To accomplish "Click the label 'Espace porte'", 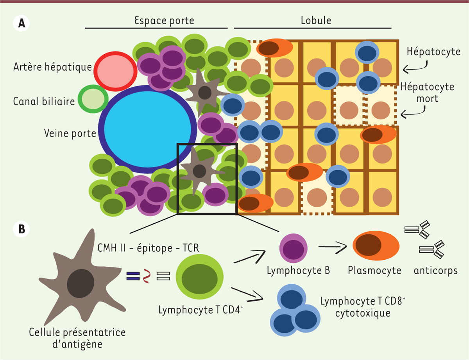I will (157, 20).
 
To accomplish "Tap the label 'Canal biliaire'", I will (44, 102).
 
